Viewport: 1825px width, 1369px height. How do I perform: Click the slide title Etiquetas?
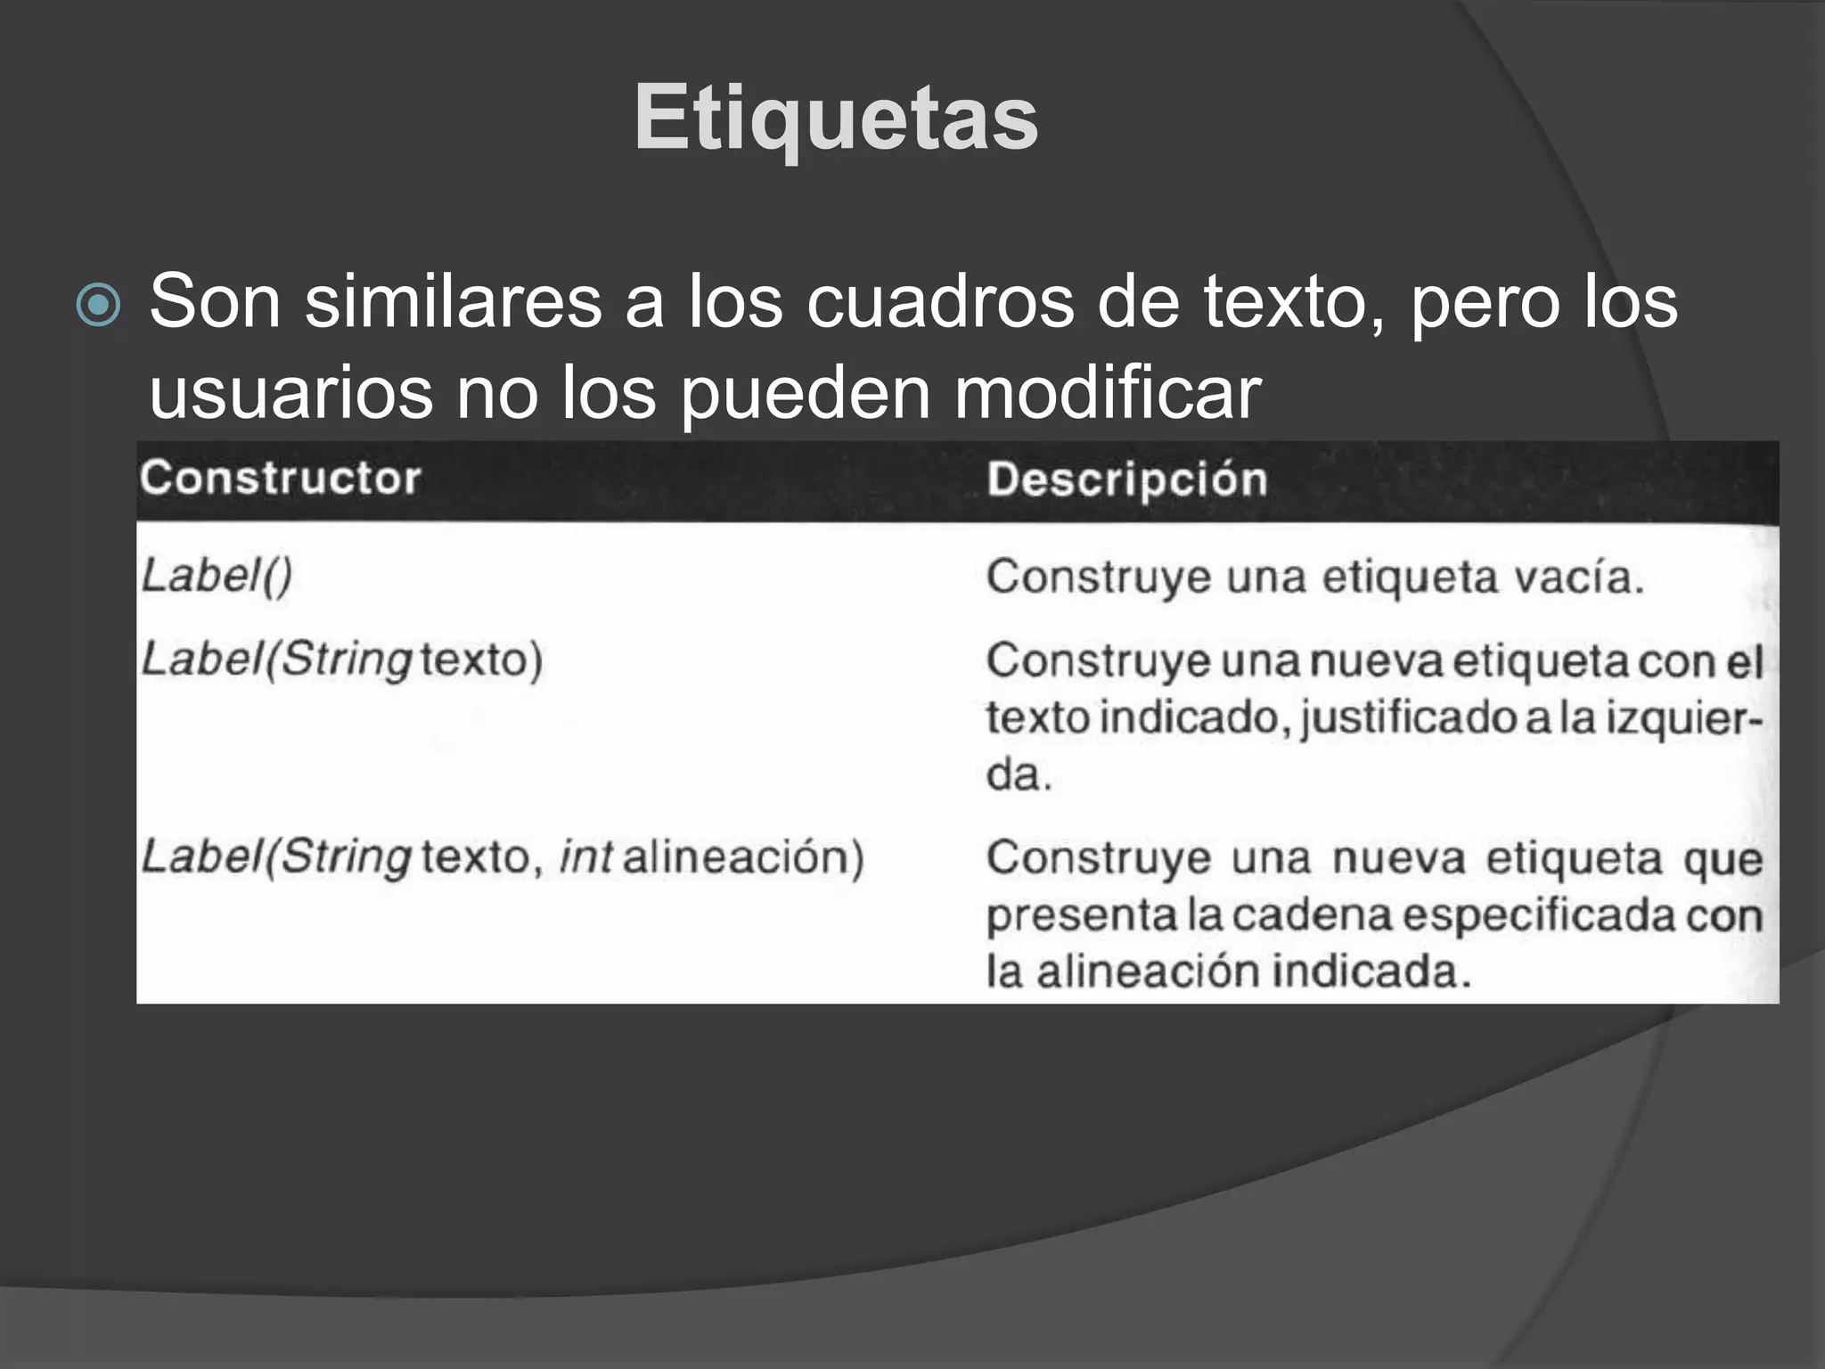[835, 119]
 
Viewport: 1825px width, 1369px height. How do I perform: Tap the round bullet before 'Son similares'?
[98, 306]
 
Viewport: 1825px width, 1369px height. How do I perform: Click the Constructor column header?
[280, 478]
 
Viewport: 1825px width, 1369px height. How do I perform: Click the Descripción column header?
[1126, 480]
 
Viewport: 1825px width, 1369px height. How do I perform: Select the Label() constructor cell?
[217, 576]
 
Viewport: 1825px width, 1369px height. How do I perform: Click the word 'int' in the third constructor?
[585, 857]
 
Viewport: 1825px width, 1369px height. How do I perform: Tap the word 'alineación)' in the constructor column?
[743, 857]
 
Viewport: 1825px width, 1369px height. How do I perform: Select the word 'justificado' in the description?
[1408, 718]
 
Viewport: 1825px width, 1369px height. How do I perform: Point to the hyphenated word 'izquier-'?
[1684, 718]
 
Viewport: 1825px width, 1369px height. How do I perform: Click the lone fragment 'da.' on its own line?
[1019, 774]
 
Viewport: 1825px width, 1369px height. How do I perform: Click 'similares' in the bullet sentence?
[454, 301]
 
